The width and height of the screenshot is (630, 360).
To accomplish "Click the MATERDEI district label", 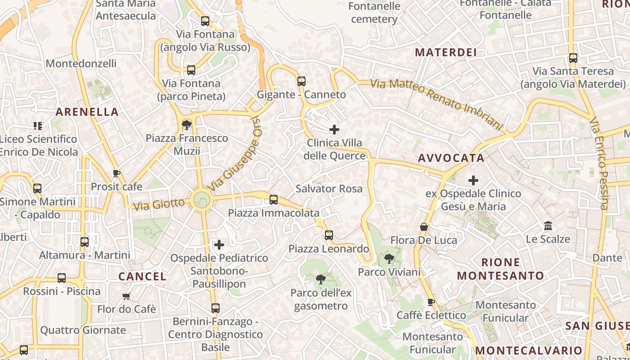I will [445, 52].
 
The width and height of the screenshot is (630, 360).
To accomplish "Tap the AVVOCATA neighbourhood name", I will [451, 158].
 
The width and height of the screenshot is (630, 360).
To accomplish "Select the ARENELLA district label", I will [87, 112].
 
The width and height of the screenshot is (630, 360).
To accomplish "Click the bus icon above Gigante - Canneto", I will [301, 81].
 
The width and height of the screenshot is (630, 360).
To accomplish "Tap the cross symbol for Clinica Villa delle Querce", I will [334, 130].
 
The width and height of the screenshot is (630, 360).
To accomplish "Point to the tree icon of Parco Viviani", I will [389, 259].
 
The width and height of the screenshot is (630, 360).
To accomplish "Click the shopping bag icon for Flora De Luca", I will [423, 227].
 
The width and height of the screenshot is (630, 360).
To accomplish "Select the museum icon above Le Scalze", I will [548, 225].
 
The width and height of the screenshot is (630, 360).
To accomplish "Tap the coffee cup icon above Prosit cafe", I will [117, 173].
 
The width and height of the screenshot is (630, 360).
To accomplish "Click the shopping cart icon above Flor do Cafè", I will [126, 296].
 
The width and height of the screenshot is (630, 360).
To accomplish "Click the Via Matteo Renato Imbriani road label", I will [436, 104].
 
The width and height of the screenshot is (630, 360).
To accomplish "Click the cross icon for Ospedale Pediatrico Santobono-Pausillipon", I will [219, 245].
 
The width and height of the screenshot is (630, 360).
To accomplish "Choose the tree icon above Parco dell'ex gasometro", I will [321, 280].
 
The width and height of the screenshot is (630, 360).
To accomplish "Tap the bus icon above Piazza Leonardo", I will [329, 235].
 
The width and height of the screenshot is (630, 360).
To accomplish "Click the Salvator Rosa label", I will [329, 189].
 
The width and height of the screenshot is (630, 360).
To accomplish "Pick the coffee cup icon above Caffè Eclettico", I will [431, 302].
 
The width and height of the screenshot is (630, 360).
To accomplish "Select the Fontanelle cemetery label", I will [374, 13].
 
